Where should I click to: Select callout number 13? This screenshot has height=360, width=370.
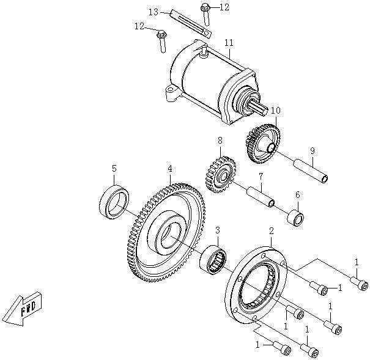[154, 12]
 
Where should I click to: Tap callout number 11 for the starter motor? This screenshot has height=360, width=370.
[229, 43]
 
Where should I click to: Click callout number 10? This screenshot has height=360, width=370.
[275, 111]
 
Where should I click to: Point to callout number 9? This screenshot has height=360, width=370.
[312, 151]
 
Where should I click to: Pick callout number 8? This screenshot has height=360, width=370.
[219, 141]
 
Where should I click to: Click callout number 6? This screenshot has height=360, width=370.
[298, 195]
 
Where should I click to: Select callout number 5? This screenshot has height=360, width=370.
[114, 168]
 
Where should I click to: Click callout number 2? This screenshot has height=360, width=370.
[272, 230]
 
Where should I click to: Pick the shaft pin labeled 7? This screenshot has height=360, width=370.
[259, 198]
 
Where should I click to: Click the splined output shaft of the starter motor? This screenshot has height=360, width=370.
[260, 111]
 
